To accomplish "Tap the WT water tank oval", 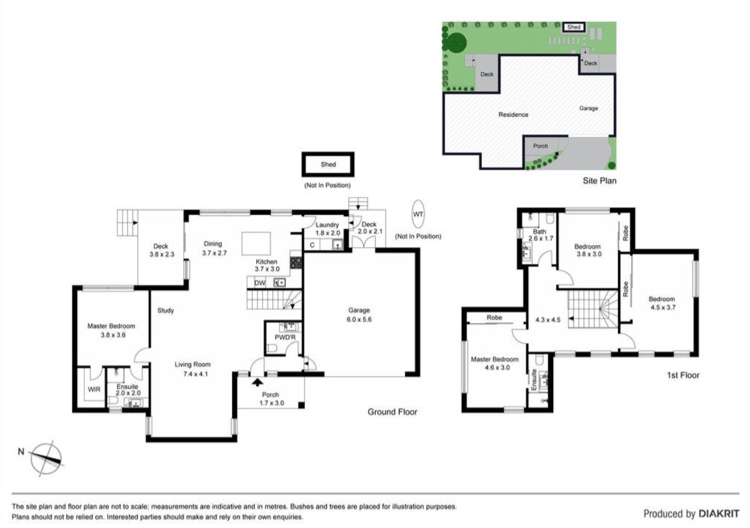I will (x=417, y=214).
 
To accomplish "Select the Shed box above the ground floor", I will (x=328, y=165).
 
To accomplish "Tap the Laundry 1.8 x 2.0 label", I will (x=327, y=229).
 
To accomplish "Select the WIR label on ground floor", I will (x=94, y=389).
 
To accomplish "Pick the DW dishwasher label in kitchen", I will (x=259, y=283).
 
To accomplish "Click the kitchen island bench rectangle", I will (x=256, y=242).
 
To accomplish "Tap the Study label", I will (x=166, y=311).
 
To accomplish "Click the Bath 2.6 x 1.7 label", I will (x=539, y=235).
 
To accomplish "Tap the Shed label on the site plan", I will (x=574, y=27).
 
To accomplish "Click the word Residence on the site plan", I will (x=513, y=114).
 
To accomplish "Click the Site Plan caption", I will (x=599, y=182).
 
